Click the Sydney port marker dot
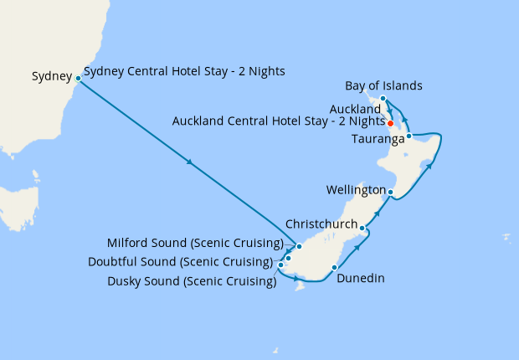click(x=78, y=79)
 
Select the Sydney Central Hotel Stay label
click(x=184, y=71)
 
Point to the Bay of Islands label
click(x=383, y=85)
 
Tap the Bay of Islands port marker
click(x=383, y=99)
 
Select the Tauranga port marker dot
click(x=409, y=136)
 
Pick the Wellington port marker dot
click(x=391, y=192)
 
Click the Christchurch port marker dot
click(x=362, y=228)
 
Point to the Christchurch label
click(x=322, y=224)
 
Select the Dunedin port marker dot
click(x=334, y=268)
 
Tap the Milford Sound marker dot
click(x=299, y=246)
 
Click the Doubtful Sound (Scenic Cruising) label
click(x=180, y=262)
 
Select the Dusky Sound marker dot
click(x=280, y=265)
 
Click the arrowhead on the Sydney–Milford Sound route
click(x=190, y=162)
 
